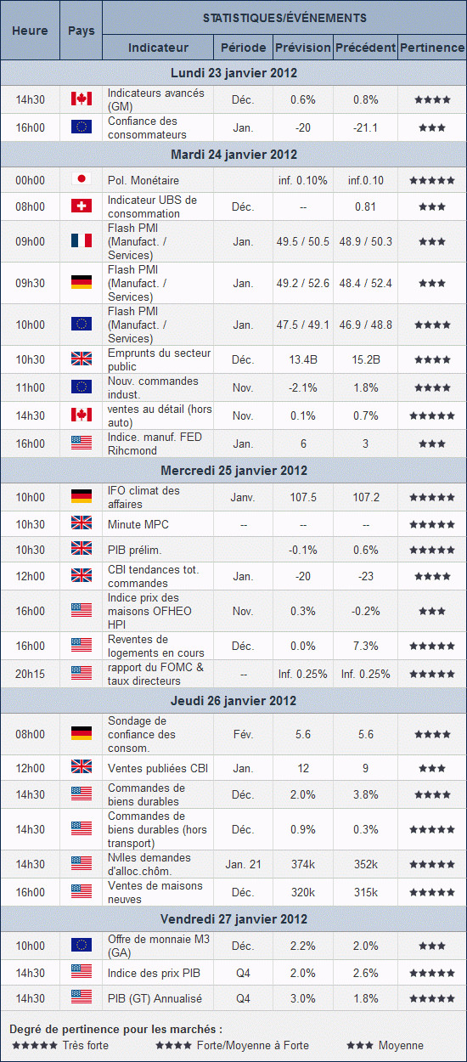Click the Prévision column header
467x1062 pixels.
point(302,48)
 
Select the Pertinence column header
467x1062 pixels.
point(432,48)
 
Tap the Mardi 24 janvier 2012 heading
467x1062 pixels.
point(234,155)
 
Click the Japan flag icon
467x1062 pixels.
point(82,178)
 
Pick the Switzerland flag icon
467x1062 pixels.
point(82,206)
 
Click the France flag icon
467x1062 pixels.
point(82,240)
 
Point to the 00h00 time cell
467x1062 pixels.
point(31,180)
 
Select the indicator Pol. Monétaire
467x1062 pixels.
point(143,181)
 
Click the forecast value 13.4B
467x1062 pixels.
point(303,360)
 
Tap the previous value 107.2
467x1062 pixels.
point(366,497)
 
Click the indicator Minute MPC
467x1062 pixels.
point(138,524)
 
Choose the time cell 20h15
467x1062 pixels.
point(31,674)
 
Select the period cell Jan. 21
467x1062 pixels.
point(243,864)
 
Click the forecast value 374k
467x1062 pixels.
point(303,864)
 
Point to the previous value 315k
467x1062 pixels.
point(366,892)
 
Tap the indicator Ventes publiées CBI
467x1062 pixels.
point(158,768)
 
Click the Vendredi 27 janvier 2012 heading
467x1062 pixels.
point(234,918)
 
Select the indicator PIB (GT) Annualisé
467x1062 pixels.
point(155,998)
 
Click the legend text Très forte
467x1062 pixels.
point(85,1045)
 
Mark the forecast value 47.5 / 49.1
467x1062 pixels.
point(303,325)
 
